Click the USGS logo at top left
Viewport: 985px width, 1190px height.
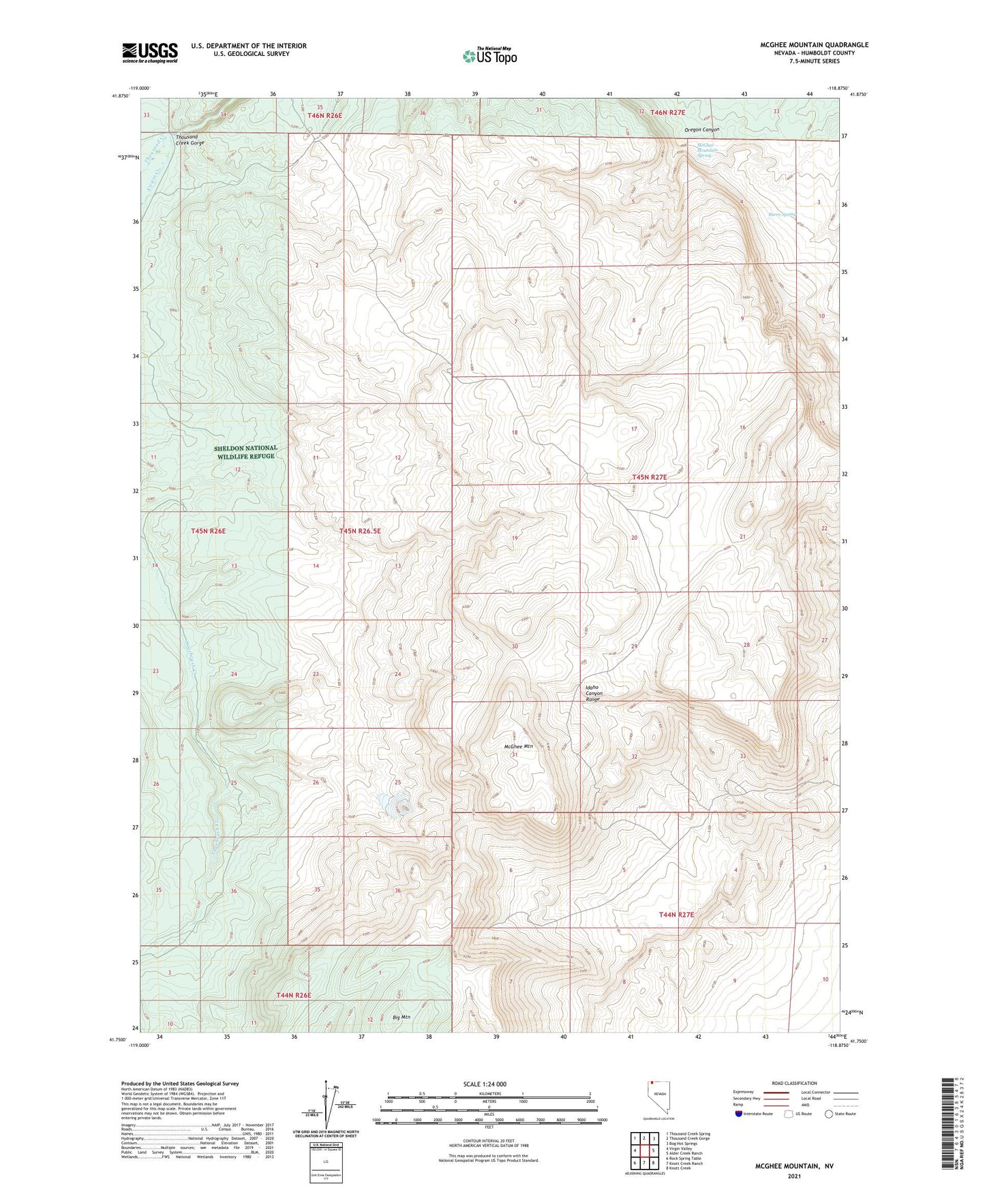click(150, 52)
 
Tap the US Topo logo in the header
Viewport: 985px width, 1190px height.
click(489, 57)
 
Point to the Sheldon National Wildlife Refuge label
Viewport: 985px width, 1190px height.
click(245, 452)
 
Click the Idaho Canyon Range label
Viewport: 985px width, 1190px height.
click(594, 693)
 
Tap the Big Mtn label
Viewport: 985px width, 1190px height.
click(401, 1018)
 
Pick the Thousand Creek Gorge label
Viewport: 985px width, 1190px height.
click(190, 140)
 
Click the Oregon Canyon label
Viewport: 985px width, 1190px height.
click(701, 129)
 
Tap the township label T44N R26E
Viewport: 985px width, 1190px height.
click(294, 995)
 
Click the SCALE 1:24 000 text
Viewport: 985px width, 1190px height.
click(485, 1084)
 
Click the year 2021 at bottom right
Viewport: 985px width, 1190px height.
click(793, 1176)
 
